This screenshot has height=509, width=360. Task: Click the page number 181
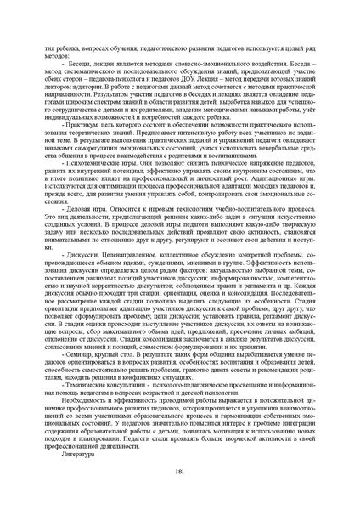[x=180, y=472]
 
